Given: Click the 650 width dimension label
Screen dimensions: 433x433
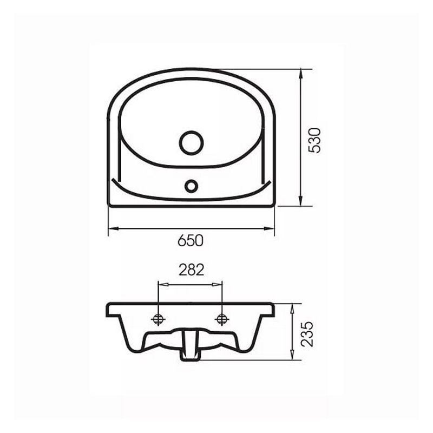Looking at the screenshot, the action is [191, 240].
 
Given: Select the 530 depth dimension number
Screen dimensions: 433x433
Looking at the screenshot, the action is [315, 140].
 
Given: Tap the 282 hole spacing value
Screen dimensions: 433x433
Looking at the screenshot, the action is [192, 270].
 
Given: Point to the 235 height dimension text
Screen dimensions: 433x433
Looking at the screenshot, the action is [307, 333].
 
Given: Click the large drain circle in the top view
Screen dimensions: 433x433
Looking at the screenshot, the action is [192, 143].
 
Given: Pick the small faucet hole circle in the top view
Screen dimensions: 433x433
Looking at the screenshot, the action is [191, 186].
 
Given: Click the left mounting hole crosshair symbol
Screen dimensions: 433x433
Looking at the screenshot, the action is [158, 319].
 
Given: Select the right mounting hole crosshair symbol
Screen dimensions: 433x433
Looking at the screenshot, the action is [222, 319].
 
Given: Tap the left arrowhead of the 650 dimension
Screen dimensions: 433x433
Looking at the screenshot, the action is [113, 228].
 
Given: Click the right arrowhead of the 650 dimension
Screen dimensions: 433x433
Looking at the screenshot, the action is [269, 228].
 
